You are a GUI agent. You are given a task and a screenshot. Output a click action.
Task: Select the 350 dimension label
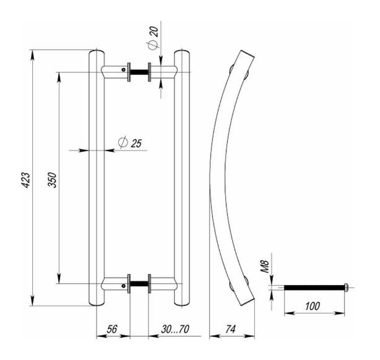coord(53,180)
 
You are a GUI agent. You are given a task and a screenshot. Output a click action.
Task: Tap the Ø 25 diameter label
coord(130,143)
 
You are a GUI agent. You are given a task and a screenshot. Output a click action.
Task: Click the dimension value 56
coord(113,330)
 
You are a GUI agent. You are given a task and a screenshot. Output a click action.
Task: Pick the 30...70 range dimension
coord(167,330)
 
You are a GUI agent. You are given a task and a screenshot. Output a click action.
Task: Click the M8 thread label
coord(264,267)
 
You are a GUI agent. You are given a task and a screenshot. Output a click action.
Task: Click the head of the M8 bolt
coord(346,286)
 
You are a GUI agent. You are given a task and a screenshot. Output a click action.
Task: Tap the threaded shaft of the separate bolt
coord(313,286)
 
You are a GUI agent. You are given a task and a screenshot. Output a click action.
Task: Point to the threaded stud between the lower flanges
coord(139,285)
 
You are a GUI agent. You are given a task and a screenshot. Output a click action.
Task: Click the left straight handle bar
coord(97,180)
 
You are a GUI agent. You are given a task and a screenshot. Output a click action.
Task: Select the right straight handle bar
coord(181,180)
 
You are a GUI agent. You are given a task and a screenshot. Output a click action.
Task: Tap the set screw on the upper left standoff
coord(124,70)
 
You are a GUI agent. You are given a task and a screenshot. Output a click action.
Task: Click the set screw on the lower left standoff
coord(124,286)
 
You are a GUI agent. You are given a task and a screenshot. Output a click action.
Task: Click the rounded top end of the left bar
coord(97,52)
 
